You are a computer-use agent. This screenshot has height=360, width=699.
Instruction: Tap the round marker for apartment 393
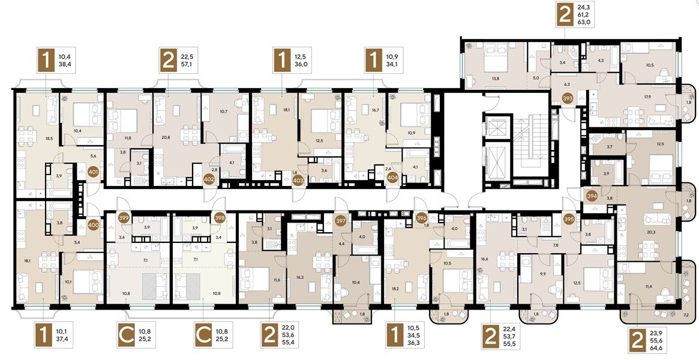click(x=568, y=100)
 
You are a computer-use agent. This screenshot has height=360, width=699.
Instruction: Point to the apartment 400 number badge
click(x=94, y=226)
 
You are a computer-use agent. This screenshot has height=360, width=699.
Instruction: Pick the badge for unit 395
click(x=569, y=219)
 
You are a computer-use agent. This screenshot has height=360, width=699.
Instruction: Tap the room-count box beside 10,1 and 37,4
click(x=44, y=335)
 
